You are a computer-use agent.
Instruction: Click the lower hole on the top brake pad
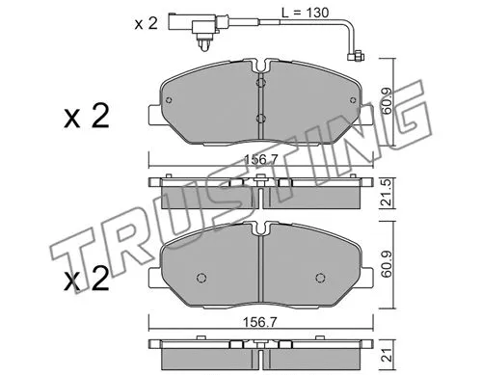coord(261,120)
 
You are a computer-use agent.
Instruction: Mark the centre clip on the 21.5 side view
coord(261,183)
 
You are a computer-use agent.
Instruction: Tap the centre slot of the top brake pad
coord(261,101)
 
